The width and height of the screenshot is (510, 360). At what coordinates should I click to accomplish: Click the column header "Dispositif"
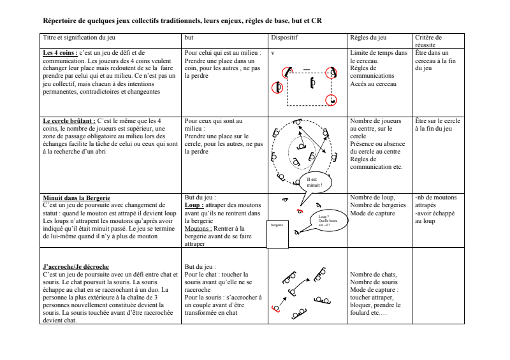tap(284, 38)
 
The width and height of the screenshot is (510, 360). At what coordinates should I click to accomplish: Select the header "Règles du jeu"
tap(368, 38)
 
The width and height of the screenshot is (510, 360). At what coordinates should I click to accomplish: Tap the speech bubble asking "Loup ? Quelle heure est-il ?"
tap(326, 221)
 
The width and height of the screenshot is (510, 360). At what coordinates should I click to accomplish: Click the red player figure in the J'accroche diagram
tap(275, 309)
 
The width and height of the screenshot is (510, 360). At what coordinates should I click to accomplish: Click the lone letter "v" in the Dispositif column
tap(272, 53)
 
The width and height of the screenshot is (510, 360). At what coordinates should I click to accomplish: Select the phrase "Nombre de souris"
tap(374, 282)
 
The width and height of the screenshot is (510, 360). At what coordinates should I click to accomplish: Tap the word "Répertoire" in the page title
tap(61, 20)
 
